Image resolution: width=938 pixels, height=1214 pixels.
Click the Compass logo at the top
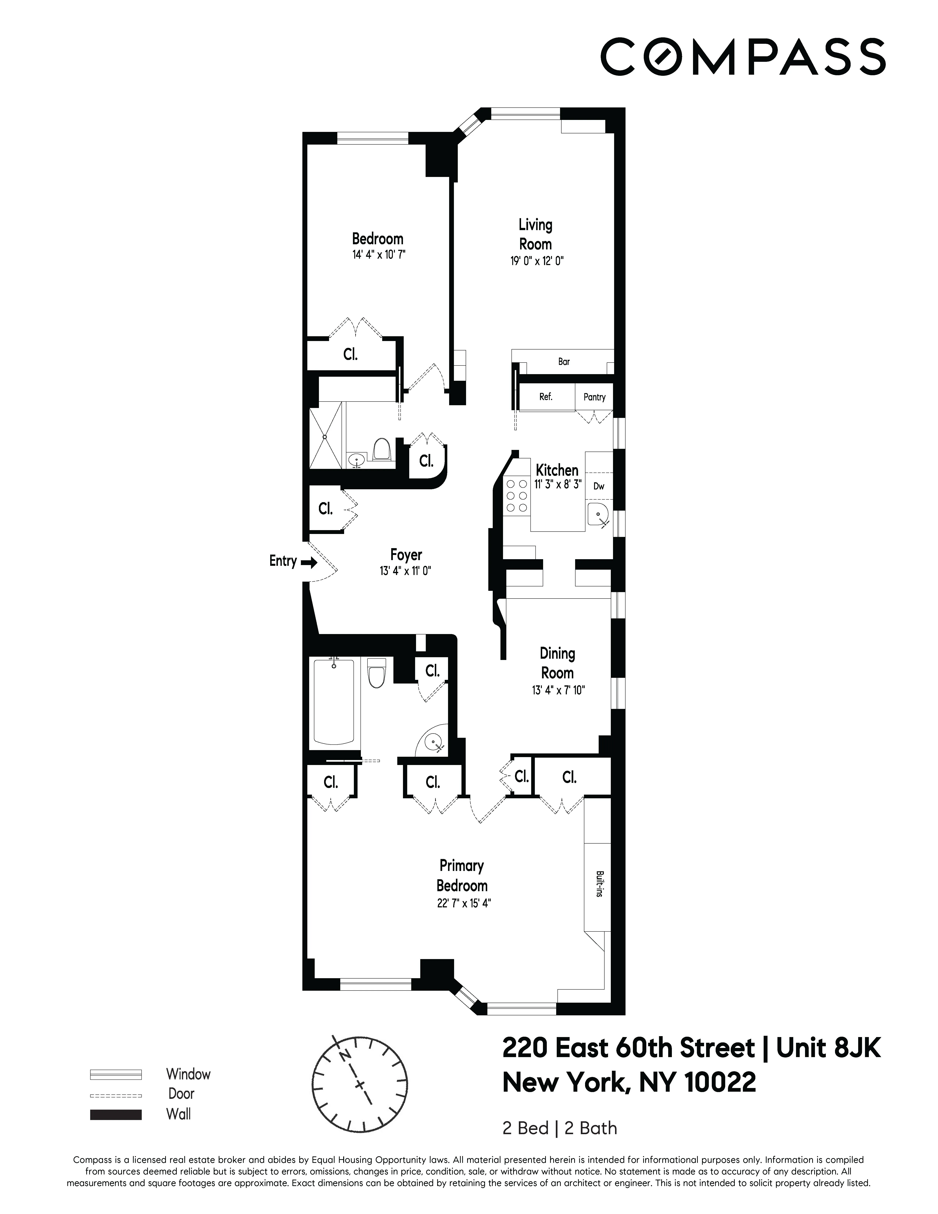[742, 57]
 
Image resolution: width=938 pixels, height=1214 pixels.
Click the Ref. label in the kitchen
[546, 397]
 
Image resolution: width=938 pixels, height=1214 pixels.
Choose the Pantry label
[594, 397]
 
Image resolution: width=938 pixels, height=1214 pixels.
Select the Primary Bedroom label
[462, 876]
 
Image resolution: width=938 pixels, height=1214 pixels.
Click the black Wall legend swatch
[116, 1114]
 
